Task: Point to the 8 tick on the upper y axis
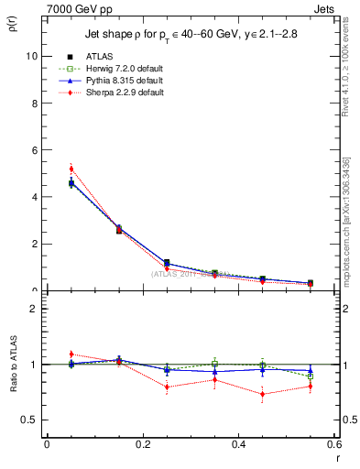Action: pos(34,103)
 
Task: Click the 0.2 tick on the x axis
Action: pos(142,445)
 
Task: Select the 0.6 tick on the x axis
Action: pos(334,445)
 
